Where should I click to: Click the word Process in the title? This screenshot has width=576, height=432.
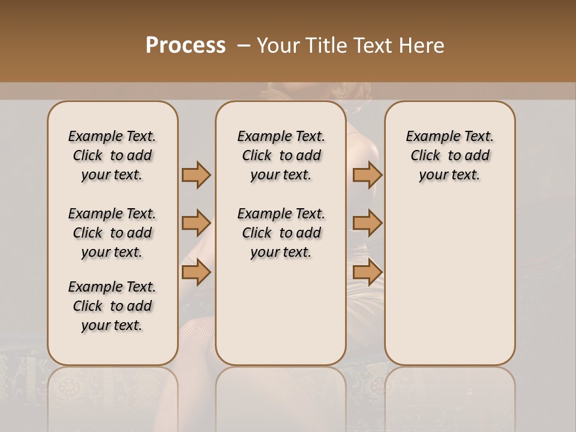(x=185, y=46)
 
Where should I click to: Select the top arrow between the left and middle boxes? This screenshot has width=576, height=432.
(x=196, y=175)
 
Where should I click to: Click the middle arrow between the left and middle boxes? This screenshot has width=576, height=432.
(x=196, y=224)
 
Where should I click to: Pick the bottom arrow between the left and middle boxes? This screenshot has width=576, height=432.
(x=196, y=272)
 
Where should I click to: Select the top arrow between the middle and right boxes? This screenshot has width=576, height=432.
(x=367, y=175)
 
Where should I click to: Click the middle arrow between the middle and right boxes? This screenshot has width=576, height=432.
(x=367, y=224)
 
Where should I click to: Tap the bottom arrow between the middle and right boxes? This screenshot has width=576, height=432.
(x=367, y=272)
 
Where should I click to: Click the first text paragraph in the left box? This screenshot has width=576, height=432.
(x=112, y=155)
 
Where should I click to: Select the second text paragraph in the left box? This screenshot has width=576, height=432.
(x=112, y=233)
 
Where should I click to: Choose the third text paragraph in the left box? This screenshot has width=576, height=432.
(x=112, y=306)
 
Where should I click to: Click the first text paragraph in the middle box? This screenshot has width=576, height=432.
(x=281, y=155)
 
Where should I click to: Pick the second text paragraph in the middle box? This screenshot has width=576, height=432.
(x=281, y=233)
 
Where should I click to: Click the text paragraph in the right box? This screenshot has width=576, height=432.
(x=449, y=155)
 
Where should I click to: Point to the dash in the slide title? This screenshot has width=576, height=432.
(x=243, y=46)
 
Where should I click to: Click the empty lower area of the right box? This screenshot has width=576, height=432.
(x=449, y=282)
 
